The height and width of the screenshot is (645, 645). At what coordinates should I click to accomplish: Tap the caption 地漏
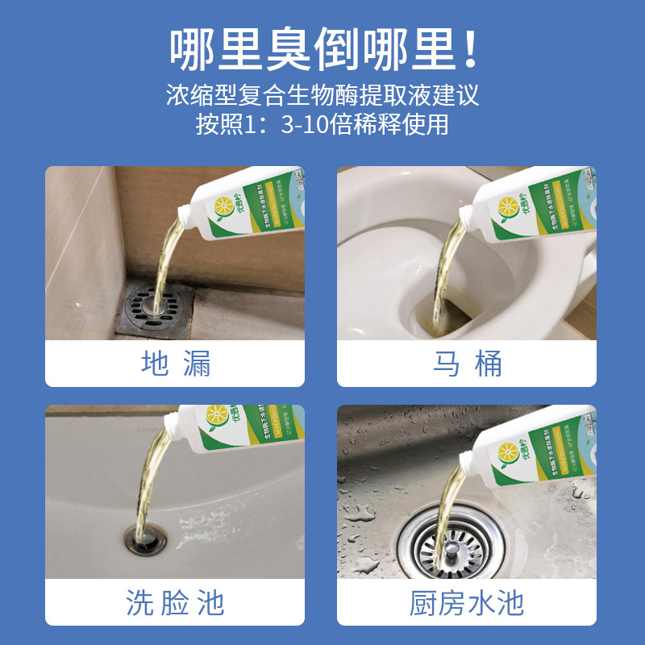click(175, 364)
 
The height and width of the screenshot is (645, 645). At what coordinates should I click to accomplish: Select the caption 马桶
click(467, 364)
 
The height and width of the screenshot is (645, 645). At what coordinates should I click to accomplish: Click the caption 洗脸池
click(175, 602)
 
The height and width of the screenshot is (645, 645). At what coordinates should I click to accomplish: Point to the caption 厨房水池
click(467, 602)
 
